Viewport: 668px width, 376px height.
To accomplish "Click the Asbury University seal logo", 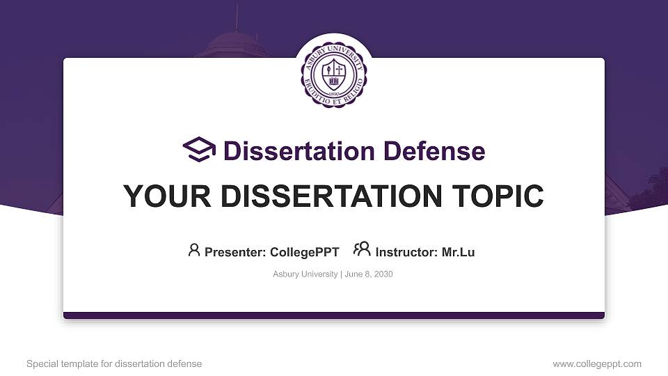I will click(x=334, y=72).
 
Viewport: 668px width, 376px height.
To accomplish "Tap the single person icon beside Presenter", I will click(x=194, y=250).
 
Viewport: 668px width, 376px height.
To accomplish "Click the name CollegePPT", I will click(x=304, y=252).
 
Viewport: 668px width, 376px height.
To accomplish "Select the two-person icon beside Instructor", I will click(x=362, y=250).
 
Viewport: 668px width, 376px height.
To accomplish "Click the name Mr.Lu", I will click(x=459, y=252).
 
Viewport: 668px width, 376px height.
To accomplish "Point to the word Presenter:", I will click(x=235, y=252).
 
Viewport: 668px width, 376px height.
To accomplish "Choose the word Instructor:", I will click(x=407, y=252).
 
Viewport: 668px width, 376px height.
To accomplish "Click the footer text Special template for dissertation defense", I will click(x=114, y=363).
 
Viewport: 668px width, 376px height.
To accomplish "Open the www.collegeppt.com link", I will click(x=597, y=363).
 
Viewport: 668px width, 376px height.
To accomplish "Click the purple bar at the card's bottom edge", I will click(x=334, y=315).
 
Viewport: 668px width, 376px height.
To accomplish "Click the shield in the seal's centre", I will click(x=335, y=70).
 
